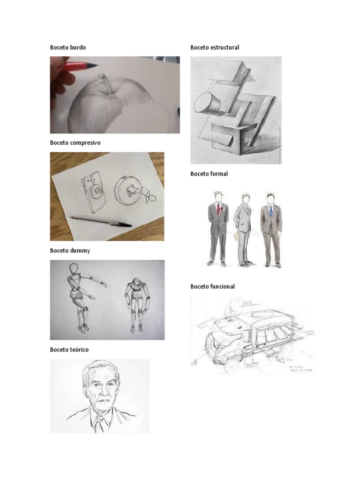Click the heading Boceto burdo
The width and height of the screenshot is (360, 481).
click(68, 47)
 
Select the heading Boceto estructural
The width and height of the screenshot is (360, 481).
click(215, 47)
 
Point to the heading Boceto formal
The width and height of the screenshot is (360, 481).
click(209, 174)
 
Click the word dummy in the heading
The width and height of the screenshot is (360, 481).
click(81, 251)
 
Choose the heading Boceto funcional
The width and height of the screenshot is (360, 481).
click(212, 287)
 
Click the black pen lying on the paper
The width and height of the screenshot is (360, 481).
click(101, 221)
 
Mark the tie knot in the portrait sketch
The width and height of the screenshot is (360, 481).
click(99, 417)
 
